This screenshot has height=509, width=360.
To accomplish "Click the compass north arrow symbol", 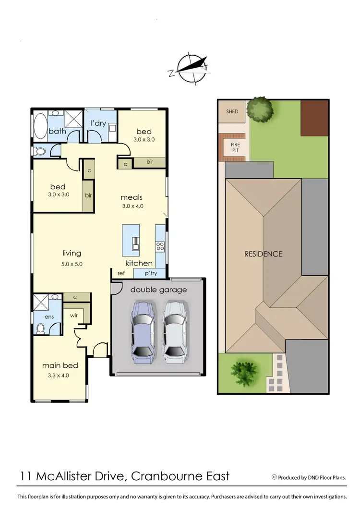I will (191, 67).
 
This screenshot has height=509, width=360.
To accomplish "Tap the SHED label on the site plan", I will (232, 111).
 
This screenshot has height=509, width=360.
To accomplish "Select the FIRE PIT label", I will (235, 147).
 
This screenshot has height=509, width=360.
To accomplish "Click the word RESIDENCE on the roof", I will (264, 254).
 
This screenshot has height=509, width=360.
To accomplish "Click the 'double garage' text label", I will (158, 290).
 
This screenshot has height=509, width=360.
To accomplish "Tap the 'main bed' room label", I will (60, 365).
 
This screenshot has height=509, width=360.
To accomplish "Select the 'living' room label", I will (72, 253).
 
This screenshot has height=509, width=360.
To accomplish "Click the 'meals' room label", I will (132, 197).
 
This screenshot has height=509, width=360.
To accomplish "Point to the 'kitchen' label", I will (139, 263).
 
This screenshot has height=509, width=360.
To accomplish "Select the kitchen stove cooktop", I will (160, 247).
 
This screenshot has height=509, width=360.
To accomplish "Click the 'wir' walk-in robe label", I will (74, 316).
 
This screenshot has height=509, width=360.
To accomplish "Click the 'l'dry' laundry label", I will (98, 123).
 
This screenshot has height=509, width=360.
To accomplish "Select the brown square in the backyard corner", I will (314, 118).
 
